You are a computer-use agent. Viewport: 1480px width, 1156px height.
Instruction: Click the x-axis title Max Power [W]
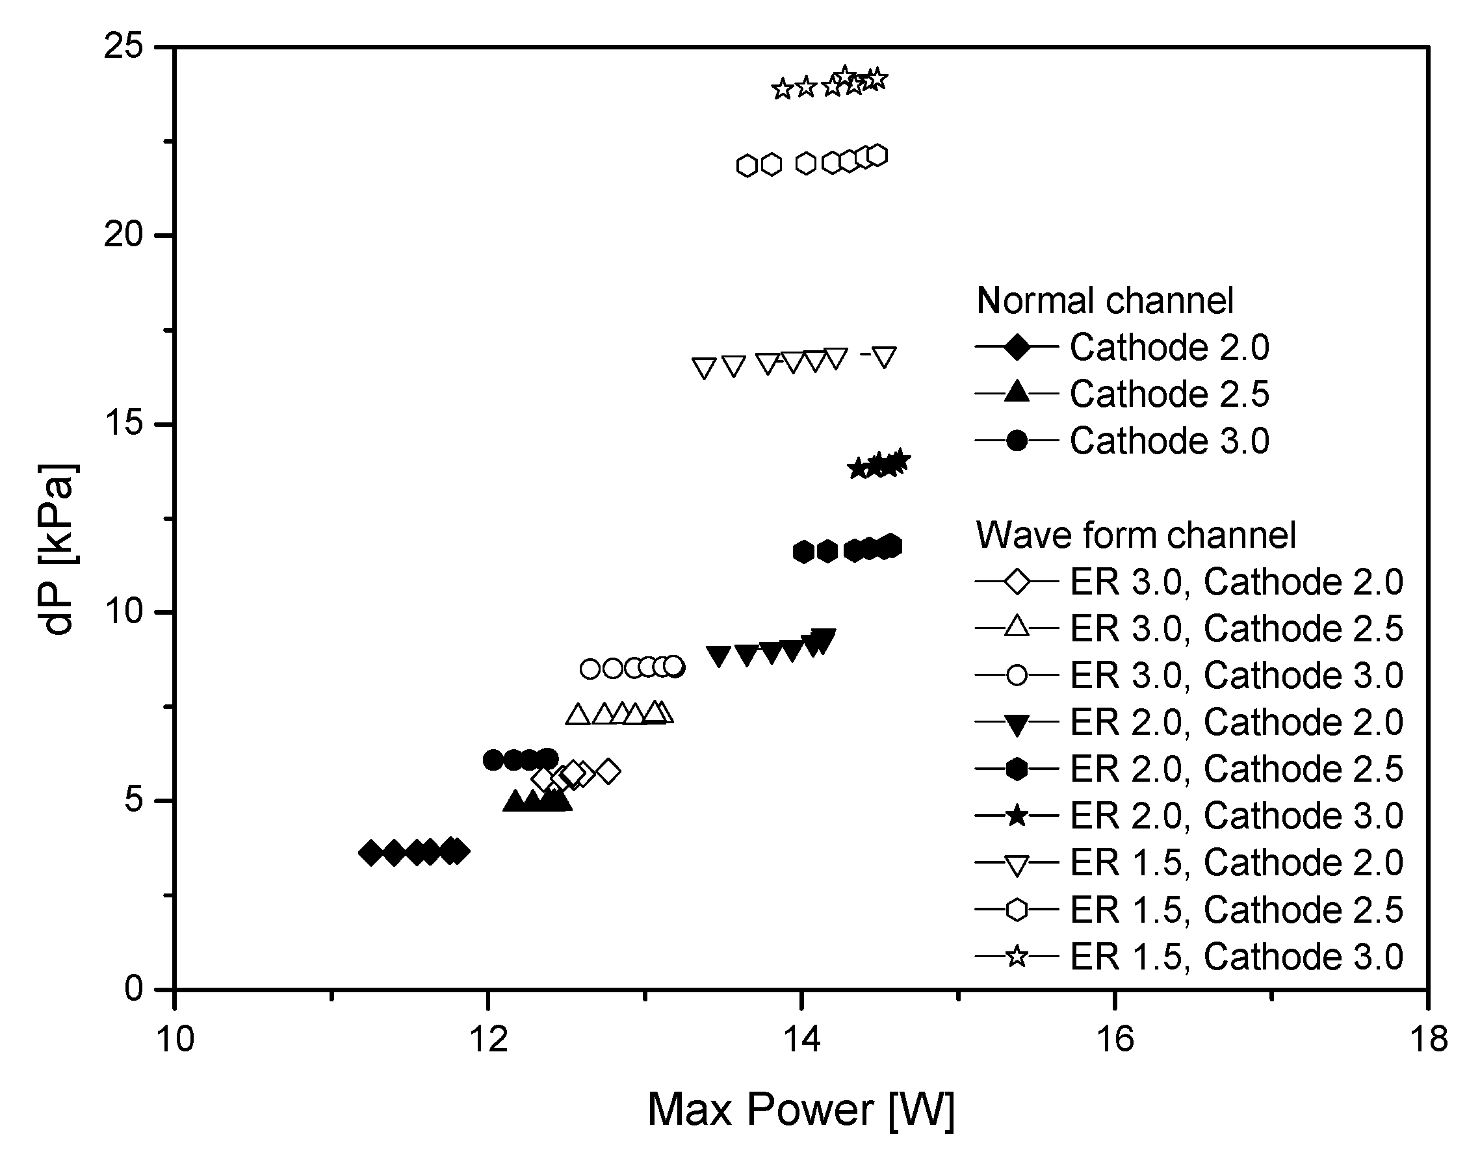pos(800,1110)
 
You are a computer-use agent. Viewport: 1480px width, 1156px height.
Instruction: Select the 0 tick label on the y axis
pos(133,988)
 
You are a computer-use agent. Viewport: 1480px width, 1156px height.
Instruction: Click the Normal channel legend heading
pos(1104,300)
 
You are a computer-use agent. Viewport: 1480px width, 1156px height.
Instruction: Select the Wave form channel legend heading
pos(1136,535)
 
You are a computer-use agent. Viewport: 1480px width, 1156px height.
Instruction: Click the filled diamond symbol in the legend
pos(1017,347)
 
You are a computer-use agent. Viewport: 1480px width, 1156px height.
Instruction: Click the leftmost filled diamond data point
pos(370,853)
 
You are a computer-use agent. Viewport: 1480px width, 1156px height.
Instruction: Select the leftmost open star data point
pos(783,88)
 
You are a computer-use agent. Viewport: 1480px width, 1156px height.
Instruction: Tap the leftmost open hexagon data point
pos(747,165)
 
